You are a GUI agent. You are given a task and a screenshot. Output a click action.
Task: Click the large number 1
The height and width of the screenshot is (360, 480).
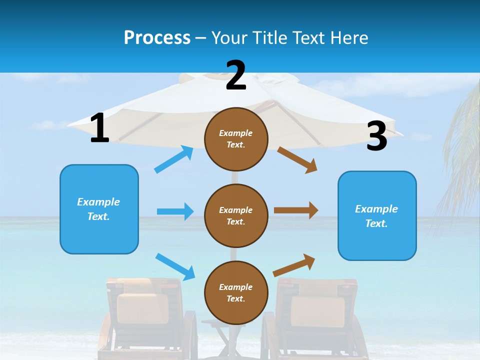point(99,128)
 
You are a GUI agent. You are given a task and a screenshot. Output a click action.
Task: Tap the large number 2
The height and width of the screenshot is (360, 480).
point(236,75)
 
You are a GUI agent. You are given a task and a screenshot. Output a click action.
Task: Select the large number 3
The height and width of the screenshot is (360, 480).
point(376,136)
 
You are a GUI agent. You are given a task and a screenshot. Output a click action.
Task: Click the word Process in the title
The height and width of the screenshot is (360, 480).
point(157,37)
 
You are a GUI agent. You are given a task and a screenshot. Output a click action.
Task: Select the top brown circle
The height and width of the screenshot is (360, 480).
point(236,139)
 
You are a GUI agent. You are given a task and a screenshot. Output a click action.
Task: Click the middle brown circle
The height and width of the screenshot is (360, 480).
point(236,215)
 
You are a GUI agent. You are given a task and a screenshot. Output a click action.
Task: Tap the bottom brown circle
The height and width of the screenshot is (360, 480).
point(236,292)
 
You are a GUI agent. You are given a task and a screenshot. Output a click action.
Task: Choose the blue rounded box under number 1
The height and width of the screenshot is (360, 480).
point(99,209)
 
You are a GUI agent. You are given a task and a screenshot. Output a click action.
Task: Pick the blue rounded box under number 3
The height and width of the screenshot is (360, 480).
point(376,215)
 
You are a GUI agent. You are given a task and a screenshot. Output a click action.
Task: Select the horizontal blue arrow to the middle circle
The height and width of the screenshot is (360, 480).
point(175,211)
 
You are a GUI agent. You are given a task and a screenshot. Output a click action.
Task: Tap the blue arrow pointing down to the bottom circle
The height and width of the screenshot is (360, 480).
point(175,266)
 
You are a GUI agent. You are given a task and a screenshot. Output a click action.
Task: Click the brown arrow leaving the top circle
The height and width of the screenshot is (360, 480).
point(297,160)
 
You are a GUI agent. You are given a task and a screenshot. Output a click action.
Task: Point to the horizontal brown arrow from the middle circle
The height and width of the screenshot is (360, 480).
point(296,210)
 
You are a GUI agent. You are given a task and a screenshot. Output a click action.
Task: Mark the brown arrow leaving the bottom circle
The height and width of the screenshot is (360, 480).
point(294,265)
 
